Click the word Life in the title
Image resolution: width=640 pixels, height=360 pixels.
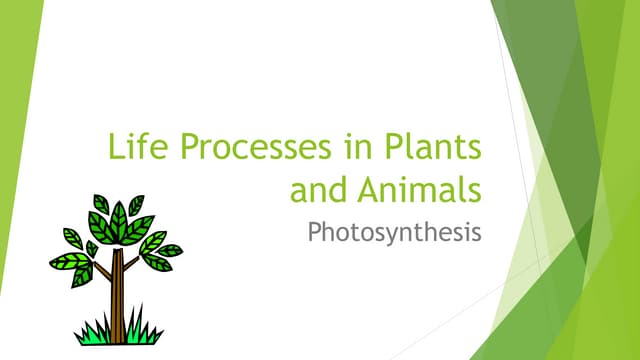coord(135,148)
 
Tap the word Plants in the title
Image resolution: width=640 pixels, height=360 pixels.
coord(434,148)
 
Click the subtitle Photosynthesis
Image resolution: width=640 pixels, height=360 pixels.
coord(394,233)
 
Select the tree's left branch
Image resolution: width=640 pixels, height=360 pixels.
coord(101,267)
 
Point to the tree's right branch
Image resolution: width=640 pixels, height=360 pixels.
coord(133,263)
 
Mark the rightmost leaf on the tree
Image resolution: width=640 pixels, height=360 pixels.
coord(171,250)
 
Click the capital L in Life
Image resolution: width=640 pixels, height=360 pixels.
coord(115,148)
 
